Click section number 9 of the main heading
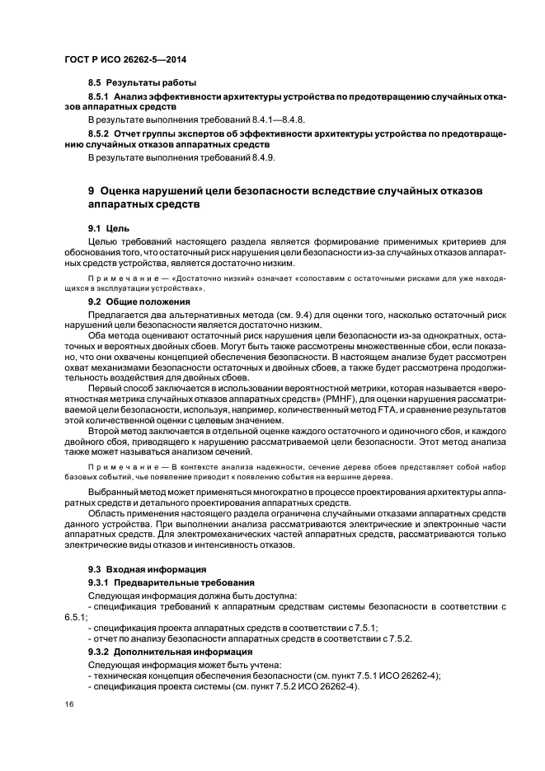[92, 190]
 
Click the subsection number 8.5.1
[101, 96]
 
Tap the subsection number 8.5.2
[101, 132]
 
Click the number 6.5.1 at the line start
[76, 615]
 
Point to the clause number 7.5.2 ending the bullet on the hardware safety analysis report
[399, 638]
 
